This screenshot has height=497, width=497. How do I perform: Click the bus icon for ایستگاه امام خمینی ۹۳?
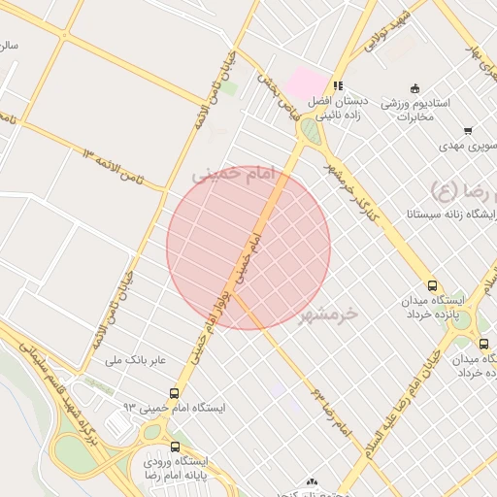pyautogui.click(x=174, y=393)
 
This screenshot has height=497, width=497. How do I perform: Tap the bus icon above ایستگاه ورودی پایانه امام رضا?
pyautogui.click(x=175, y=447)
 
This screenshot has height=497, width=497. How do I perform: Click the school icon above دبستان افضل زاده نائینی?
pyautogui.click(x=338, y=85)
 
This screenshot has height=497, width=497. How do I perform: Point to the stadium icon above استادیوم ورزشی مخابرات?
pyautogui.click(x=414, y=88)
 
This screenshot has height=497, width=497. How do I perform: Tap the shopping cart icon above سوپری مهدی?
pyautogui.click(x=468, y=130)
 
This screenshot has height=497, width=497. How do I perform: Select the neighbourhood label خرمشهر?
pyautogui.click(x=328, y=315)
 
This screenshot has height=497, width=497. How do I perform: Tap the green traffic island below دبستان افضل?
pyautogui.click(x=310, y=130)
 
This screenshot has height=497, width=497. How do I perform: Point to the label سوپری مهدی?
pyautogui.click(x=468, y=146)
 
